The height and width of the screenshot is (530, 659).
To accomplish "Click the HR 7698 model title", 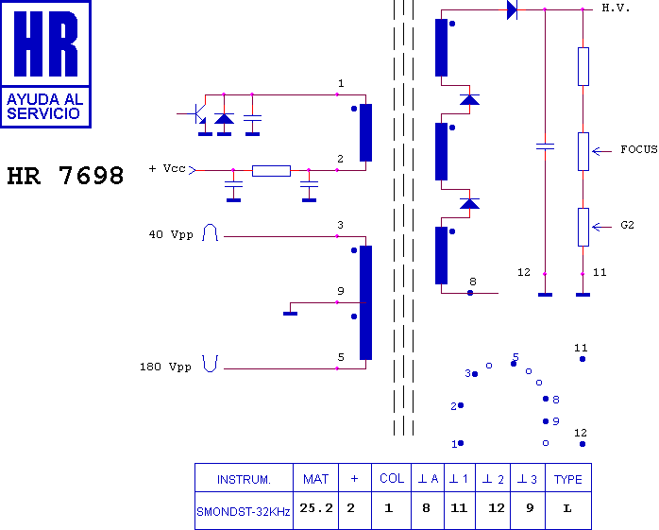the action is point(65,176).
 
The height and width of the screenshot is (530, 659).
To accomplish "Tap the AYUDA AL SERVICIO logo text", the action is point(45,107).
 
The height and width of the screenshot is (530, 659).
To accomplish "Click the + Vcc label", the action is point(167,169).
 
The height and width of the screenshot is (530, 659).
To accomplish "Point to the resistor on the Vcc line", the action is point(271,171).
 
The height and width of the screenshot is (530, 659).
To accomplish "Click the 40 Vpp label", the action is point(171,234).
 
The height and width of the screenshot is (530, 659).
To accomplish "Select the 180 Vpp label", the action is point(165,367).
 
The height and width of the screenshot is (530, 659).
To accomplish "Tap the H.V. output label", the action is point(616,8).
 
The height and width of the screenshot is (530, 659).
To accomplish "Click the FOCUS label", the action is point(639,149).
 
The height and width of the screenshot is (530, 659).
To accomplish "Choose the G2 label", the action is point(627,225).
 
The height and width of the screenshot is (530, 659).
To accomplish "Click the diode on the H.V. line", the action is point(512,9).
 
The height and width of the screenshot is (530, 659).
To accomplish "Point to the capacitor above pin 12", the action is point(545,146).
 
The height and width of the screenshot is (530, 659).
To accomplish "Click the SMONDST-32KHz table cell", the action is point(244,512).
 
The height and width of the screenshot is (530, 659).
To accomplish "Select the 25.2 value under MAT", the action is point(316,508).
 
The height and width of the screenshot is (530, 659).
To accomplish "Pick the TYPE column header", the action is point(567,480).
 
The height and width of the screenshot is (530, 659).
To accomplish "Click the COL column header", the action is point(392,478).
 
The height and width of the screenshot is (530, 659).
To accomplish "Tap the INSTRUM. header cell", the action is point(244,480).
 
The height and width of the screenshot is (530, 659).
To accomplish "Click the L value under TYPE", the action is point(567,508).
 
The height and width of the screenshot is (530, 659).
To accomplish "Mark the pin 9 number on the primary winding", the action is point(341,291).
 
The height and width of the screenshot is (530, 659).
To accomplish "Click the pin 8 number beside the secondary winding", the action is point(473,282).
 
